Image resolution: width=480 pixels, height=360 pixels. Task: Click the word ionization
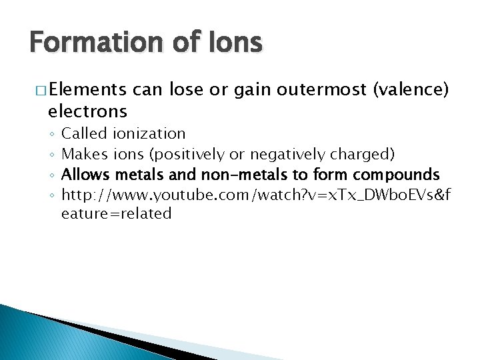tap(150, 134)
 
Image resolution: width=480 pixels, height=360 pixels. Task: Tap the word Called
tap(85, 134)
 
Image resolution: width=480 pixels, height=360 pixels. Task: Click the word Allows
tap(86, 175)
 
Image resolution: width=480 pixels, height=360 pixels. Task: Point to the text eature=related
tap(117, 214)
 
